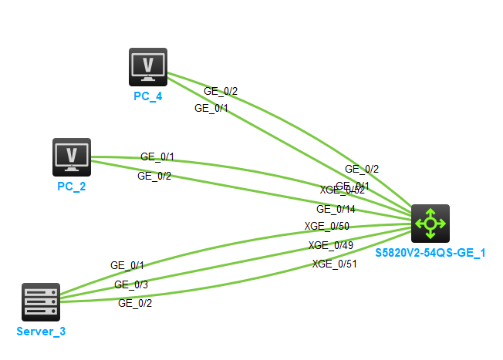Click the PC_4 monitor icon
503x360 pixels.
click(148, 67)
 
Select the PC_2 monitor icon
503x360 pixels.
click(72, 157)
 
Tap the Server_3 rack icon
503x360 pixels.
click(41, 301)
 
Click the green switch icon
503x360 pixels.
click(430, 224)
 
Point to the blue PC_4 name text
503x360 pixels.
click(147, 96)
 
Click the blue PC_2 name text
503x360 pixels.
click(71, 187)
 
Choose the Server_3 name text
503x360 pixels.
click(42, 331)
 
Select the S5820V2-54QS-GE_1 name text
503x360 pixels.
click(430, 252)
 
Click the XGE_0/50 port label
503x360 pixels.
click(326, 226)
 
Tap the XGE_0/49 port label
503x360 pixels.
click(330, 245)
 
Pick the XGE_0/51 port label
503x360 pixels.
click(334, 264)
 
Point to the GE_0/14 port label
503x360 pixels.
click(336, 208)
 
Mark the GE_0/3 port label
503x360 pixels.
click(131, 284)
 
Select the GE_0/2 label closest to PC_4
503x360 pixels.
click(221, 91)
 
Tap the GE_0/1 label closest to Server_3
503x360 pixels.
click(127, 265)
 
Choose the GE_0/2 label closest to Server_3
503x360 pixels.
click(135, 303)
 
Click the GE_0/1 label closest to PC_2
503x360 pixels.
click(157, 156)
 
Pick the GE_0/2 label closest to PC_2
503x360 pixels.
click(154, 176)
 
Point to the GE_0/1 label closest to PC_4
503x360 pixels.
click(211, 109)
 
